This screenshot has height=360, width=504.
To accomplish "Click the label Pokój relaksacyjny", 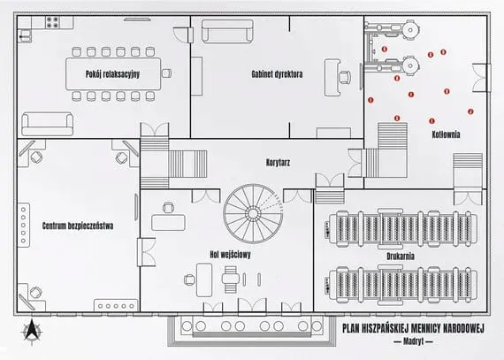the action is pos(112,74).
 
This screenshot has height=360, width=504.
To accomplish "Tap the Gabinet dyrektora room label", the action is pos(277,74).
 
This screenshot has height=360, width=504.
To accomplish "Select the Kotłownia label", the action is pos(446,134).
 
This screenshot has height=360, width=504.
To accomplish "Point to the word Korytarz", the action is pos(278,162).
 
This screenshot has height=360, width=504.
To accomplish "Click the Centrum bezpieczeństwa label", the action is pos(78,226).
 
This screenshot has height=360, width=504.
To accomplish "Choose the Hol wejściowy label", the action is pos(230,255).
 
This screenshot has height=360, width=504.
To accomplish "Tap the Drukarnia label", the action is pos(401,257).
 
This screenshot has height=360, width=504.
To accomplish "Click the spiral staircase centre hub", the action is pos(253,213).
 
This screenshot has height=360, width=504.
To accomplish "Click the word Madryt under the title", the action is pos(413,341).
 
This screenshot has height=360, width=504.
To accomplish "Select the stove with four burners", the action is pos(52,22).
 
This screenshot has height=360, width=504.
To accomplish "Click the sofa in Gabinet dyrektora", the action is pos(227,31).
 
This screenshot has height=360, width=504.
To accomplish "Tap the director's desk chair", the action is pos(344,78).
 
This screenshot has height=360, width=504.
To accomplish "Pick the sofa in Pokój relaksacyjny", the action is pos(47,124).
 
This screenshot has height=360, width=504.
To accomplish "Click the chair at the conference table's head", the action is pos(166,73).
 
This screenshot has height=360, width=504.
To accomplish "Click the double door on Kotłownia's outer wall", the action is pos(481,78).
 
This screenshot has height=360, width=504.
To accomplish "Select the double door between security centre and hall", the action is pos(146,252).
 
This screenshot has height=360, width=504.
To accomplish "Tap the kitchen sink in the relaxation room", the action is pos(25,35).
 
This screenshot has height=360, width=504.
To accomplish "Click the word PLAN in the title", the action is pos(350,328).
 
